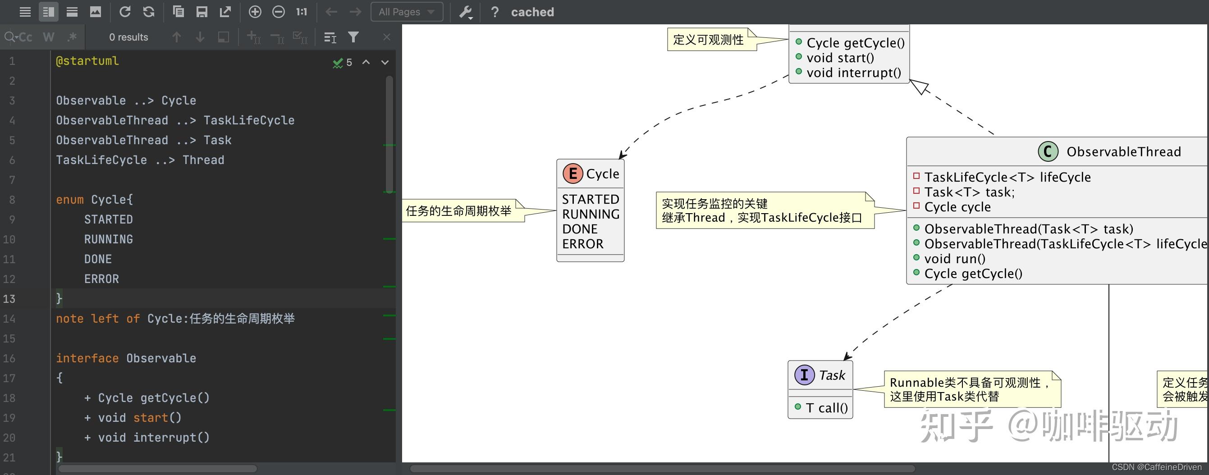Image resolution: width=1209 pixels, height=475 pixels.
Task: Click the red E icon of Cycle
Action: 572,174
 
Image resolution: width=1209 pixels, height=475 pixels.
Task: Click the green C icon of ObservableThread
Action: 1048,151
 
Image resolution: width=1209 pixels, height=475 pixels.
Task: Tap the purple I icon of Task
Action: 804,375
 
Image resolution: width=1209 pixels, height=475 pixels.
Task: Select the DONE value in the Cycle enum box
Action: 580,229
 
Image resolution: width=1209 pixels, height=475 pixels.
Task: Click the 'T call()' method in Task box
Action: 826,408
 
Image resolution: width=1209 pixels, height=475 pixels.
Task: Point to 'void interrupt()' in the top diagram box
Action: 853,73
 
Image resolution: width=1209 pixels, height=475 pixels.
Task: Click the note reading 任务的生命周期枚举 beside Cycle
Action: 458,211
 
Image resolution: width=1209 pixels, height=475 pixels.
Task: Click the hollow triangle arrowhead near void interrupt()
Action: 920,87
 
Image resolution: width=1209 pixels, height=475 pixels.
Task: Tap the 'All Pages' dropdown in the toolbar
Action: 407,12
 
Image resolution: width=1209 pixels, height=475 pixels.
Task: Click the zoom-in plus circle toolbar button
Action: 255,12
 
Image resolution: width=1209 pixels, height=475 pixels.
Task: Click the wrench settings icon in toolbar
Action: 465,12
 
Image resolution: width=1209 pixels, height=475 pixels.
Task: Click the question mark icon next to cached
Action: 494,12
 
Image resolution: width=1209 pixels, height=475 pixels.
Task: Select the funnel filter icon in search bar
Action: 353,37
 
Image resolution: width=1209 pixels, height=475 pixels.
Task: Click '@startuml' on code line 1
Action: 87,61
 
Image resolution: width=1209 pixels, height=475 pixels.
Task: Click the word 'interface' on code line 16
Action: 87,358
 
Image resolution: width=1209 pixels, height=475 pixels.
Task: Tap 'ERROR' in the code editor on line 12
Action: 101,279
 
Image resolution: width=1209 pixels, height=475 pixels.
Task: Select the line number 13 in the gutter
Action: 9,299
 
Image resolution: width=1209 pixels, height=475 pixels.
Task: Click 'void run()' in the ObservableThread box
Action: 955,259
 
